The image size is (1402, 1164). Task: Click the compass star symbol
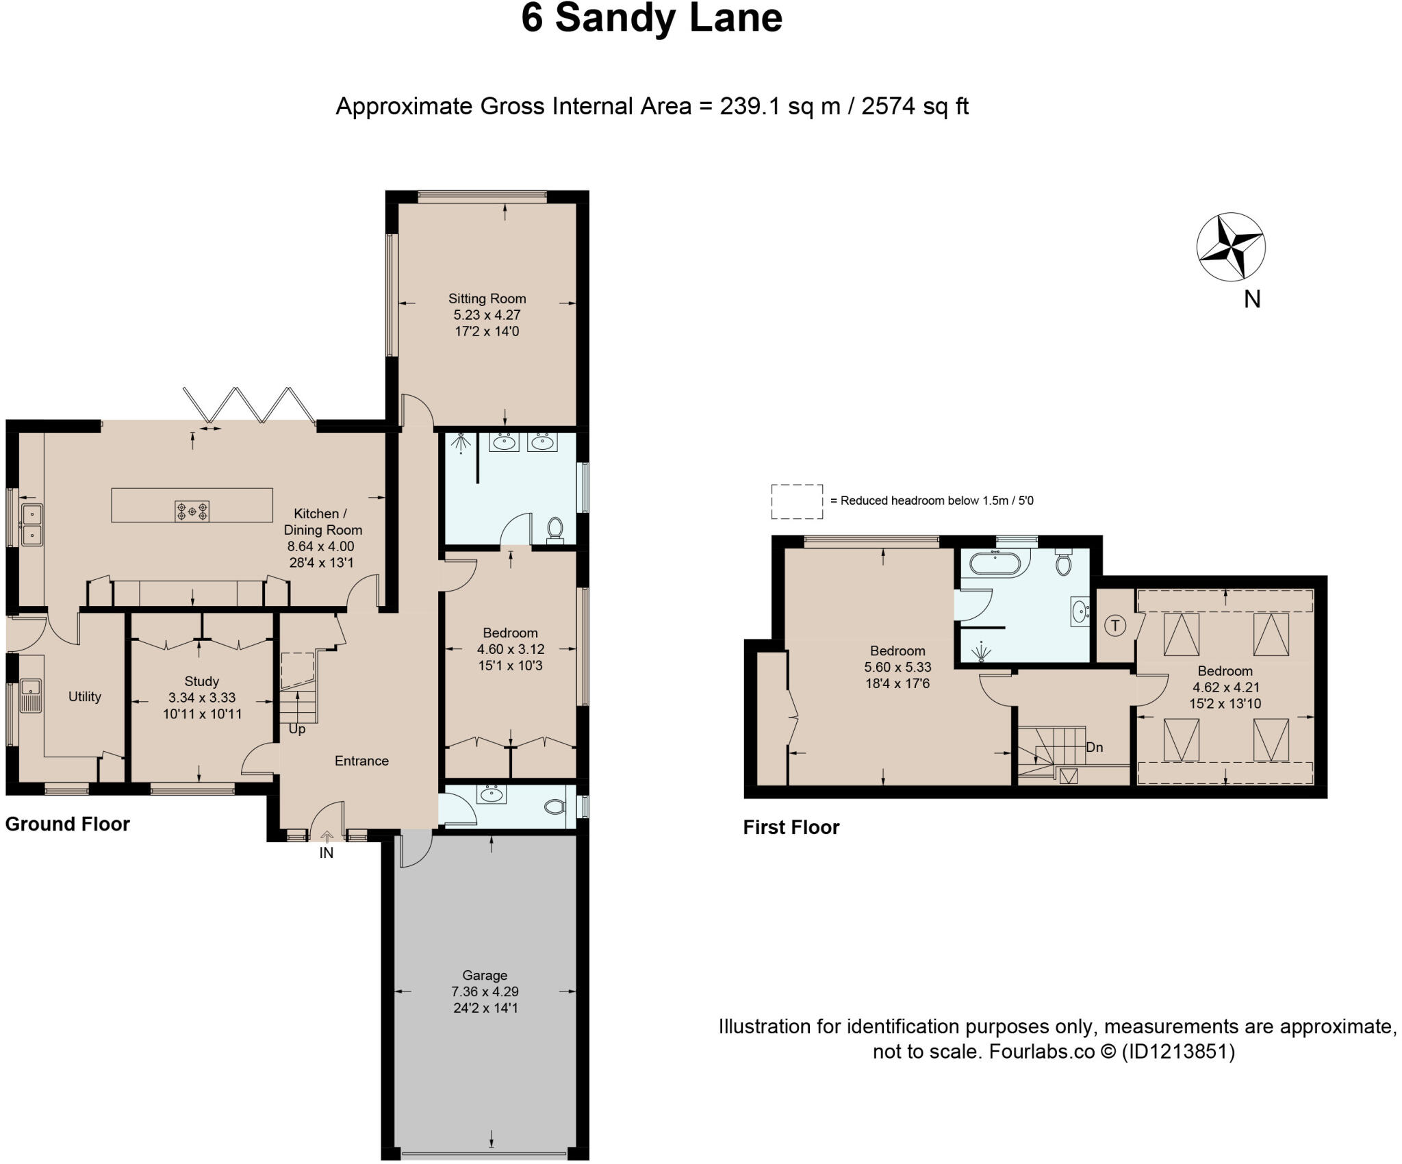(1231, 247)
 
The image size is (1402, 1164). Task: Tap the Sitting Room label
(487, 299)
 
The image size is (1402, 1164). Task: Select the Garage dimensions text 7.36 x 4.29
(485, 991)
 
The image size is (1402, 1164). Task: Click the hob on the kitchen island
(192, 511)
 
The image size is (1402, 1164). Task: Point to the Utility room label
(85, 696)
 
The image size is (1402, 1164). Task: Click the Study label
(201, 681)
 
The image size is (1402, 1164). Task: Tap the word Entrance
(361, 761)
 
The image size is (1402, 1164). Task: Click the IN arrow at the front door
(327, 836)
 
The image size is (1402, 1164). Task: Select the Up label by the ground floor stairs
(297, 729)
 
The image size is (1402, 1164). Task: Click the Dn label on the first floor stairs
(1094, 747)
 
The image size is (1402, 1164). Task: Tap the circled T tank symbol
(1116, 625)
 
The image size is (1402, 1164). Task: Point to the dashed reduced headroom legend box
(797, 501)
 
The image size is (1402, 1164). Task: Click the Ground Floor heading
(67, 824)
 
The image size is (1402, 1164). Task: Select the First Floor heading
(791, 827)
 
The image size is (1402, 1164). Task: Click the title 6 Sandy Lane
(652, 18)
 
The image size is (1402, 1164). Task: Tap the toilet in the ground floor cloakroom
(555, 807)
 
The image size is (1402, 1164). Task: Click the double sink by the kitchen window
(31, 524)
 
